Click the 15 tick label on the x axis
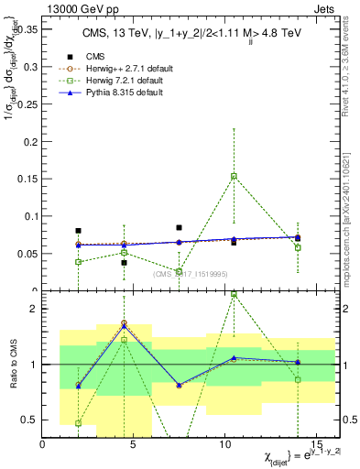316,446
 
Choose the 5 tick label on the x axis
134,446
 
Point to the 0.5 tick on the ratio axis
31,420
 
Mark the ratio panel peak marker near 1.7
124,323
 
